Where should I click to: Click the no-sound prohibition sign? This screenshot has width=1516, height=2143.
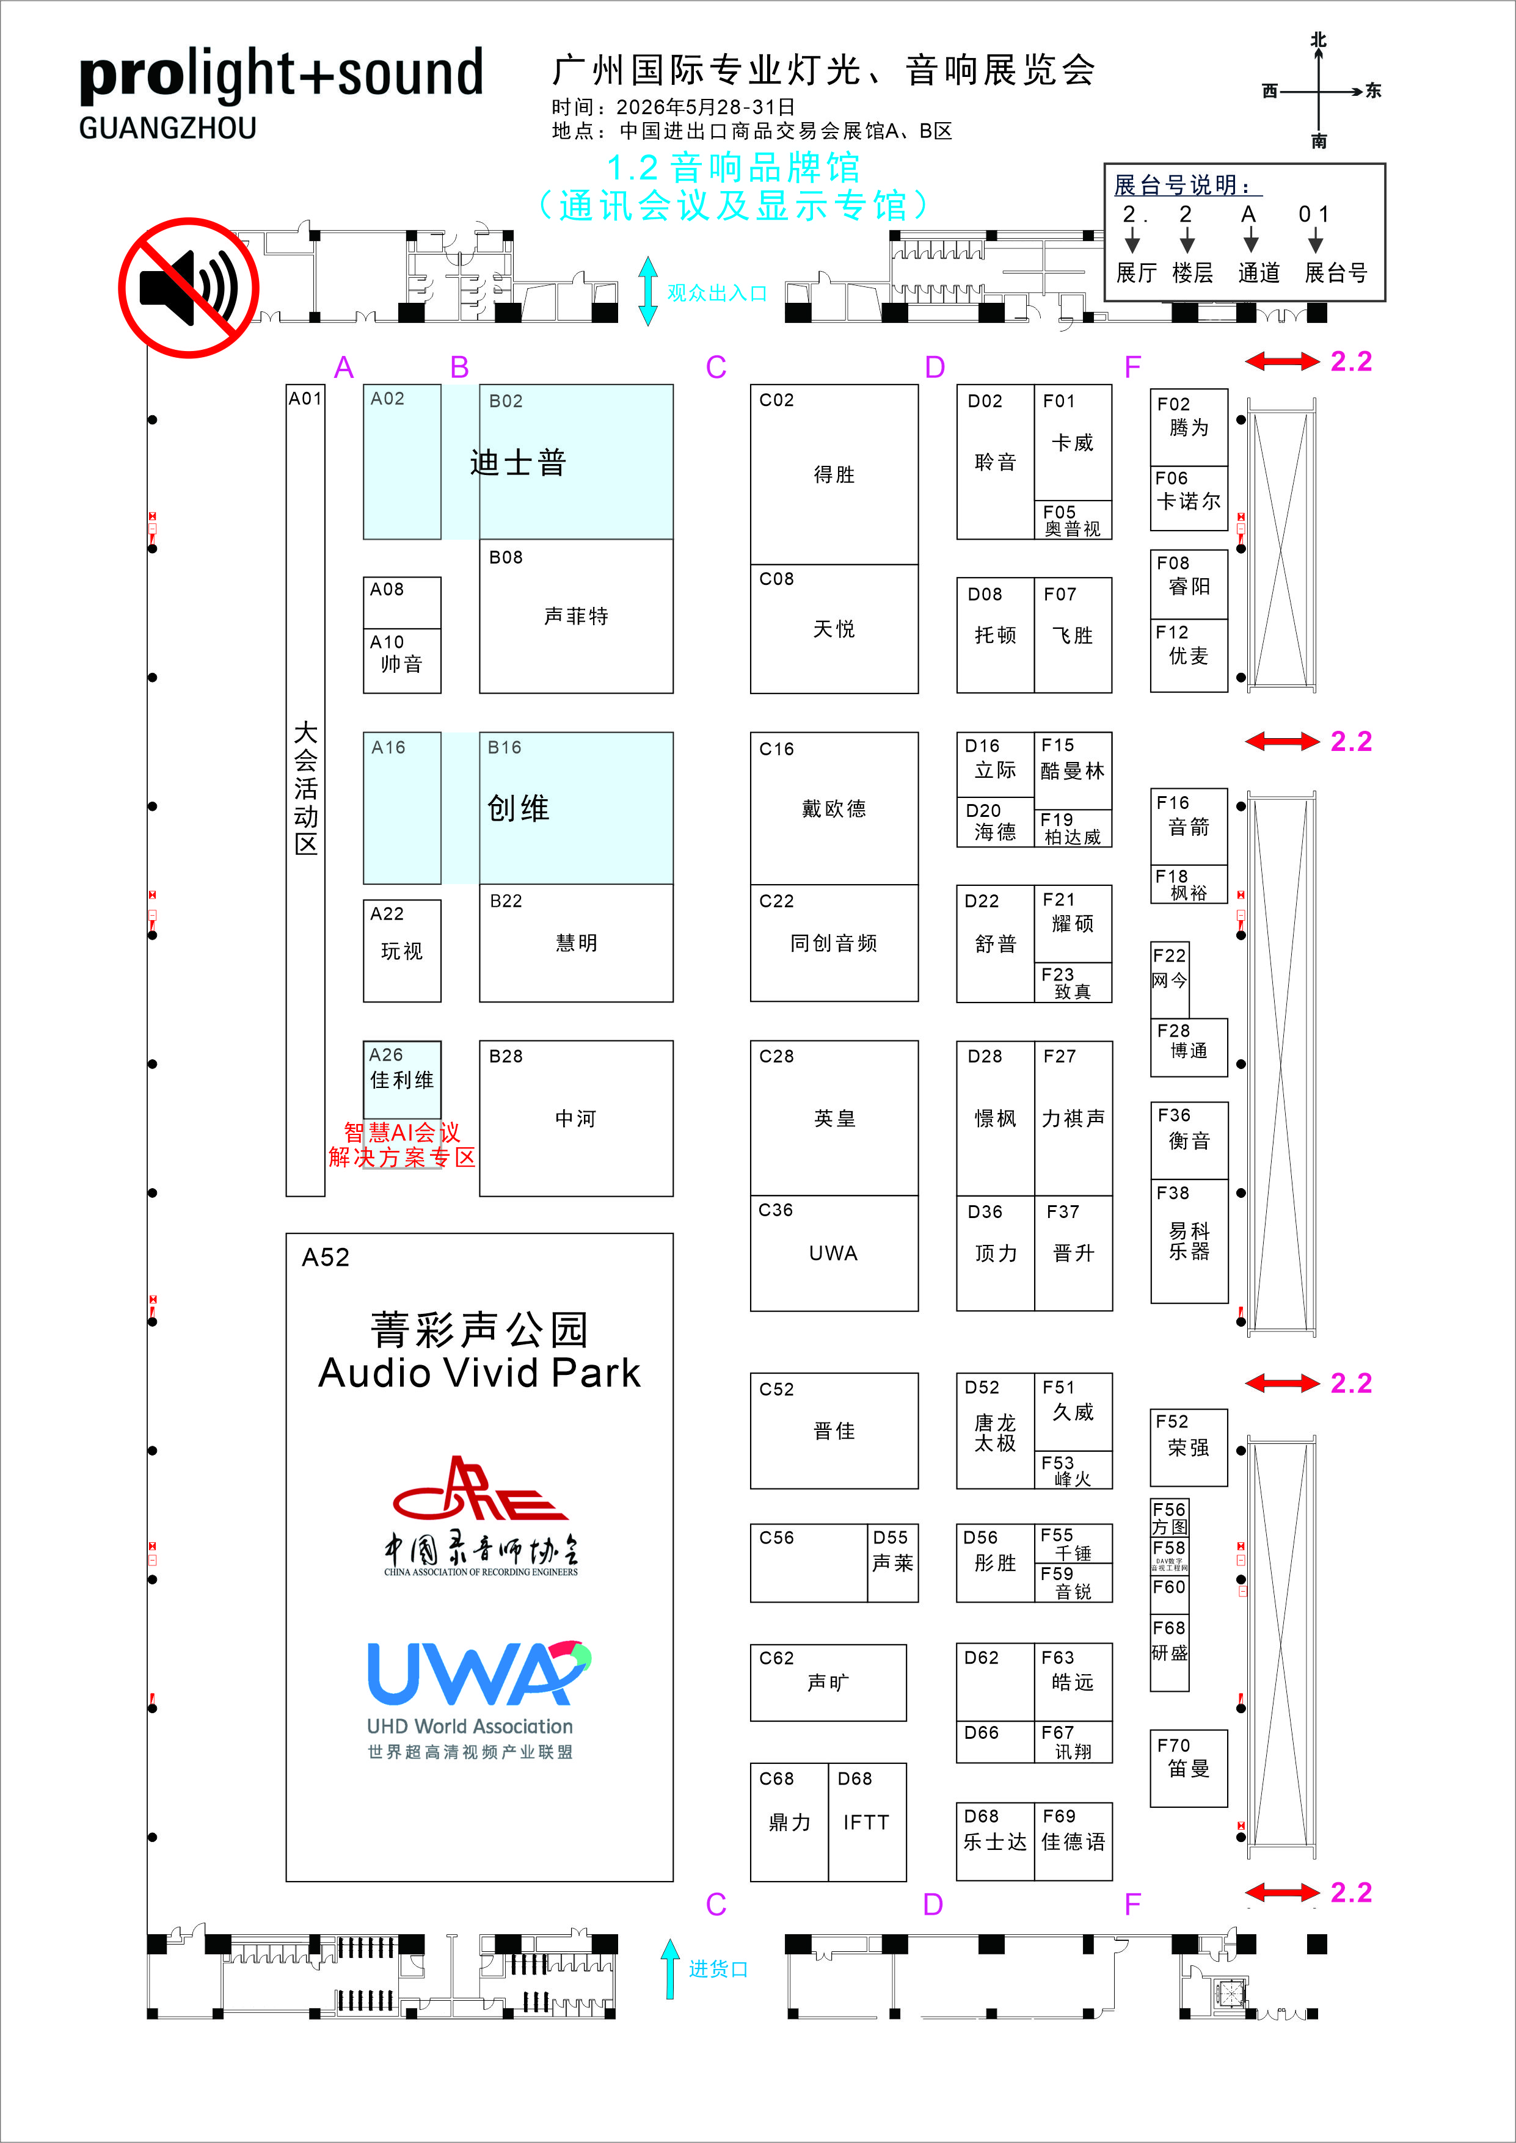click(189, 288)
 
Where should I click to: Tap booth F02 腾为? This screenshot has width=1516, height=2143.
click(1189, 427)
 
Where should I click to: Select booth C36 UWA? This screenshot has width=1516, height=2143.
click(834, 1253)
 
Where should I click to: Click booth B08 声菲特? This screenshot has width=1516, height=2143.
click(576, 616)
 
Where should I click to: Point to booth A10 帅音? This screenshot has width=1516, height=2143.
click(401, 661)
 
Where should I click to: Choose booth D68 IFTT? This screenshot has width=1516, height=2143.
click(866, 1822)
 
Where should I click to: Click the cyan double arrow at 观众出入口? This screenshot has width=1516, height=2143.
click(647, 291)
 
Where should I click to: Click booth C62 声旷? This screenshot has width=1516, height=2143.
click(828, 1683)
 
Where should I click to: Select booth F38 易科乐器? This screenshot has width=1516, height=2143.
click(1189, 1241)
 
